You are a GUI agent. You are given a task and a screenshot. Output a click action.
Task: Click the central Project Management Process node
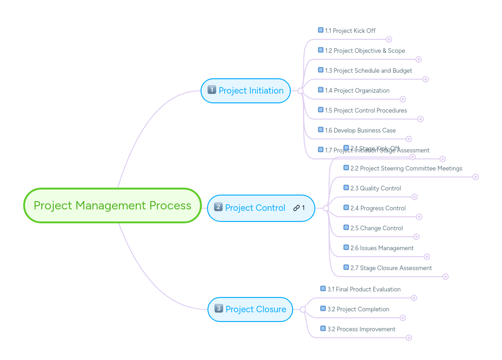pos(113,205)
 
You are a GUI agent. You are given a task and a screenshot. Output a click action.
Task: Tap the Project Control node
pos(255,208)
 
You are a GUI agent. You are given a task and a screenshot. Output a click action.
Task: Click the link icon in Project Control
pos(296,208)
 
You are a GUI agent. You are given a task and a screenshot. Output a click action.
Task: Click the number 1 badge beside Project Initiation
pos(212,90)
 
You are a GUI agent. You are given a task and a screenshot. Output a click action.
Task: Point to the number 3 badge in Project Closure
pos(219,309)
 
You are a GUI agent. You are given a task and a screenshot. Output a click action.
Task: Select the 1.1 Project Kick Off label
pos(350,31)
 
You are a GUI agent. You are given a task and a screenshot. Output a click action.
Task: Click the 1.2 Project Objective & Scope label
pos(364,51)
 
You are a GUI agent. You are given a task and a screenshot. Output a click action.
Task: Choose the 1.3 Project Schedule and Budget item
pos(368,70)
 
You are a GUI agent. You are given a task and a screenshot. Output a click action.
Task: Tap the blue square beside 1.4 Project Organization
pos(320,90)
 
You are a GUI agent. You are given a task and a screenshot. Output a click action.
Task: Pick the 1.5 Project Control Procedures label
pos(366,110)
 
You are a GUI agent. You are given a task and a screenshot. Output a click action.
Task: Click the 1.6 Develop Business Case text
pos(360,130)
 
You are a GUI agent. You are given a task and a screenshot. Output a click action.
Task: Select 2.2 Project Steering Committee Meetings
pos(406,168)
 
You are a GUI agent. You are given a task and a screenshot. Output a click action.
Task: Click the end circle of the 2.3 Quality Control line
pos(414,197)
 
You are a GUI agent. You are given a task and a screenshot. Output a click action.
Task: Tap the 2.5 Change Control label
pos(376,228)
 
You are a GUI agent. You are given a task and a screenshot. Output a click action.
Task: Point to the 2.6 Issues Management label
pos(382,248)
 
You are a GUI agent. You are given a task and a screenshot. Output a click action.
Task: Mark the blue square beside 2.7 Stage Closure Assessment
pos(346,267)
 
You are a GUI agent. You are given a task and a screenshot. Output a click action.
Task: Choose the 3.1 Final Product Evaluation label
pos(364,289)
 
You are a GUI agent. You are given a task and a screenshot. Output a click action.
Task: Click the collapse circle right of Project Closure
pos(303,309)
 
